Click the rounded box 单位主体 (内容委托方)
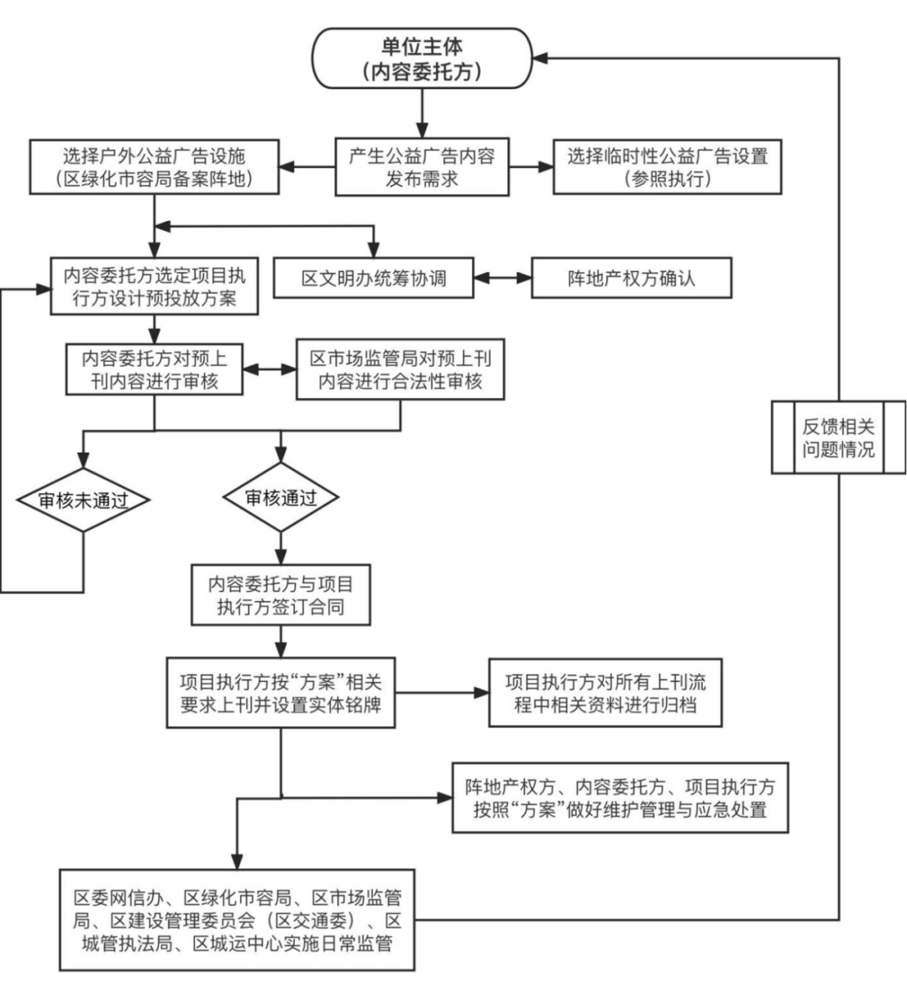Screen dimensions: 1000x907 click(x=422, y=58)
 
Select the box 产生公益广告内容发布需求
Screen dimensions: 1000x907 click(x=422, y=167)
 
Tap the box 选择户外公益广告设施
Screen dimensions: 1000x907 click(x=154, y=167)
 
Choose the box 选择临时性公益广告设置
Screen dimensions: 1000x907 click(x=667, y=167)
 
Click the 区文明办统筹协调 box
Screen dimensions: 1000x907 click(x=374, y=278)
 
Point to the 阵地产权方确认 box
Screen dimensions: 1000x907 click(x=631, y=278)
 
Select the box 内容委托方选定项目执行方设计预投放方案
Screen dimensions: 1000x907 click(x=154, y=286)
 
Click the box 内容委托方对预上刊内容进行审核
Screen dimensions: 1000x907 click(x=154, y=369)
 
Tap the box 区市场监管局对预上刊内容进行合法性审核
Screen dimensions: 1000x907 click(x=401, y=369)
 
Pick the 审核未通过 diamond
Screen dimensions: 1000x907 click(x=83, y=500)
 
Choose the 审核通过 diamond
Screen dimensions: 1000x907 click(x=280, y=497)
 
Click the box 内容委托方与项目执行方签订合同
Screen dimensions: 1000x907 click(x=280, y=594)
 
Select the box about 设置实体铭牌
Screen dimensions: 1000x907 click(x=280, y=693)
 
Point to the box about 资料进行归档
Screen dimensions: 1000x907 click(x=605, y=693)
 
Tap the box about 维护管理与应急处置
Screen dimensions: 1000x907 click(x=620, y=798)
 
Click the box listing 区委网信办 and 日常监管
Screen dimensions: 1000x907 click(x=237, y=920)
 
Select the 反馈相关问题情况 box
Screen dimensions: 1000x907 click(x=838, y=437)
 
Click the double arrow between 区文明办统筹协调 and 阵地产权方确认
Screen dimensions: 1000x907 click(x=502, y=278)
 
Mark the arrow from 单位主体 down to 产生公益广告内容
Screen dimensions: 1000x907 click(x=422, y=112)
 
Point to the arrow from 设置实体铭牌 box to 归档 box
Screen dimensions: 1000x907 click(x=442, y=693)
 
